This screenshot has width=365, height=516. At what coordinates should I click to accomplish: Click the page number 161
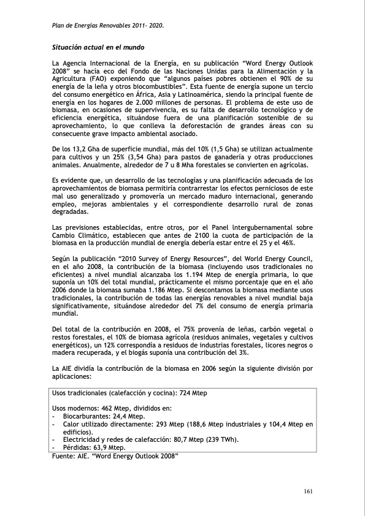pos(309,491)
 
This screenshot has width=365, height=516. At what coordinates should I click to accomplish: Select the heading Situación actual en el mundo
pos(98,47)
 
